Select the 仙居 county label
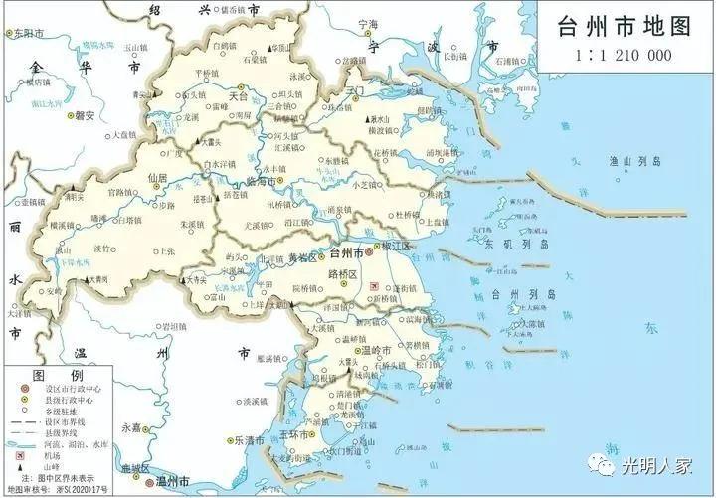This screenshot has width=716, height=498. (157, 177)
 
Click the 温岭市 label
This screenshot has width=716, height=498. (381, 349)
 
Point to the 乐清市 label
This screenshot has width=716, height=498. (249, 440)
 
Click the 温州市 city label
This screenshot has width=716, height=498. (176, 481)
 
